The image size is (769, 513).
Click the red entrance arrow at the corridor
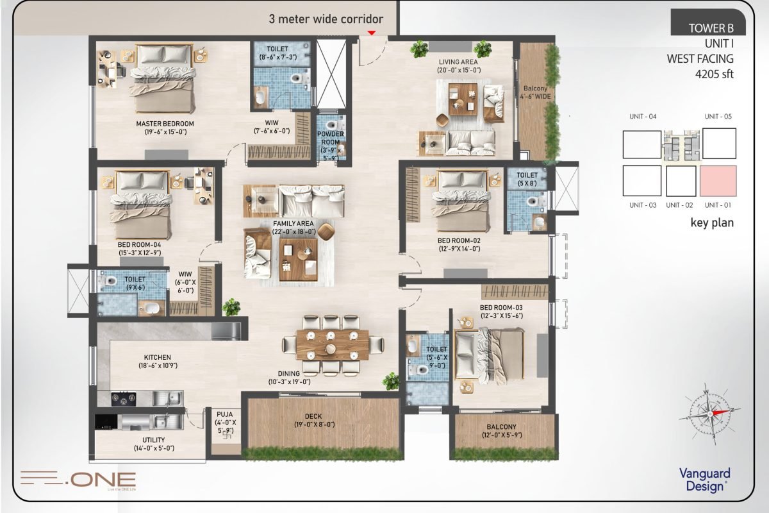372,33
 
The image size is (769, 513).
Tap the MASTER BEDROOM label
165,124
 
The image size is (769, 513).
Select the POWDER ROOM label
331,138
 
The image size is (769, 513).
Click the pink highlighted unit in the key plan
718,181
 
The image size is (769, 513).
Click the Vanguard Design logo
705,480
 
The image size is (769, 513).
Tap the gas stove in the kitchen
123,399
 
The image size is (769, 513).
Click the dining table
333,345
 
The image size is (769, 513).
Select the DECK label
313,416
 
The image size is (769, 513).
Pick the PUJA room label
225,414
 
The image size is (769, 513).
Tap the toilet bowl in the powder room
331,124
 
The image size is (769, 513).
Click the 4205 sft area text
714,74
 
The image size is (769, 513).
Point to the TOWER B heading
711,28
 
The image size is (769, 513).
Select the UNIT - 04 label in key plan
643,117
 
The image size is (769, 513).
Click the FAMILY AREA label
294,223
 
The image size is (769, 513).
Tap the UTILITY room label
153,440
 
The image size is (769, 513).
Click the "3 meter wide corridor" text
326,19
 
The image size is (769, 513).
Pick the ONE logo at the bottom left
78,479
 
